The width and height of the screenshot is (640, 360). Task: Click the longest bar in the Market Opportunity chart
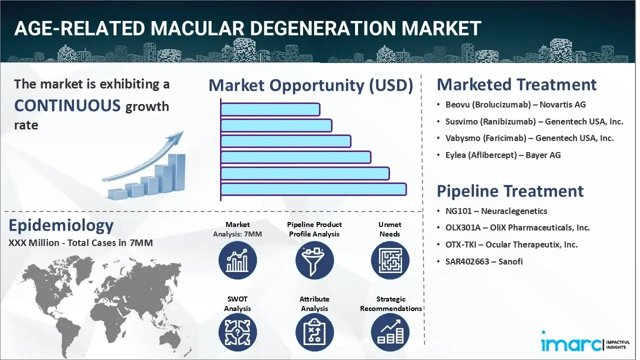click(313, 189)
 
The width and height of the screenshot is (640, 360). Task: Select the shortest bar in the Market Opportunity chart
click(270, 109)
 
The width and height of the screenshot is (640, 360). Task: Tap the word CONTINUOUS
click(67, 105)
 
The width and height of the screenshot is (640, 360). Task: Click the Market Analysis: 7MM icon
click(237, 260)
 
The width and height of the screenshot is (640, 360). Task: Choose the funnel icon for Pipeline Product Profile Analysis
click(314, 260)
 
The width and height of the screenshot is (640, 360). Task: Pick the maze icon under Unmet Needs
click(389, 260)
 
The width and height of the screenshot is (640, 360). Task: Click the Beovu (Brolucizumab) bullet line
click(515, 105)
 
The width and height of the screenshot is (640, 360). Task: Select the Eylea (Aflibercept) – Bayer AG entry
click(503, 155)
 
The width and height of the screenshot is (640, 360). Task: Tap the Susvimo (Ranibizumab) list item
click(534, 121)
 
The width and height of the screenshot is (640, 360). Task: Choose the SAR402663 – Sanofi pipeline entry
click(484, 261)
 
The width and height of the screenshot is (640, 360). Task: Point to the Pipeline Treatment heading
click(510, 191)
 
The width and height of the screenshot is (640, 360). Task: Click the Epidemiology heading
click(61, 225)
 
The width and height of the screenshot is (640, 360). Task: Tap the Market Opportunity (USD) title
click(310, 85)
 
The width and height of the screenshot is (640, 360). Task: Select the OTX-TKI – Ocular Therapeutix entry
click(511, 245)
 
